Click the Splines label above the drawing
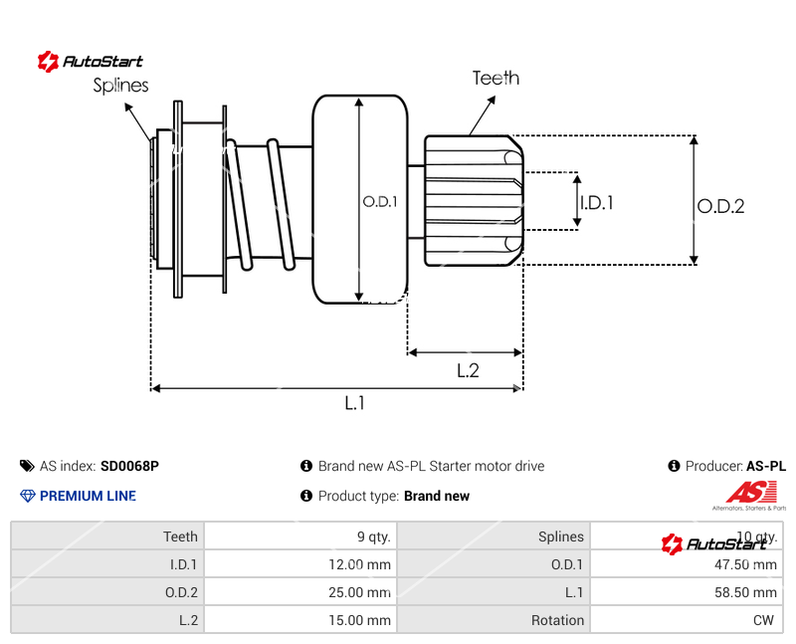click(x=120, y=86)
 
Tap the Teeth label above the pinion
click(x=496, y=78)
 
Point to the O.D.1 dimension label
click(x=380, y=201)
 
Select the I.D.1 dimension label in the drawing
click(x=596, y=202)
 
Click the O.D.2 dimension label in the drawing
click(x=720, y=207)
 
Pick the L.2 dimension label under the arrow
click(x=468, y=370)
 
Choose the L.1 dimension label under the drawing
click(x=355, y=403)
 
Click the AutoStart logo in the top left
click(x=91, y=62)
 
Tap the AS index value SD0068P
click(x=129, y=466)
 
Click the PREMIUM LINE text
click(x=88, y=496)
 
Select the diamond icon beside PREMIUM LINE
click(x=27, y=496)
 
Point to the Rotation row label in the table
click(x=557, y=620)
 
